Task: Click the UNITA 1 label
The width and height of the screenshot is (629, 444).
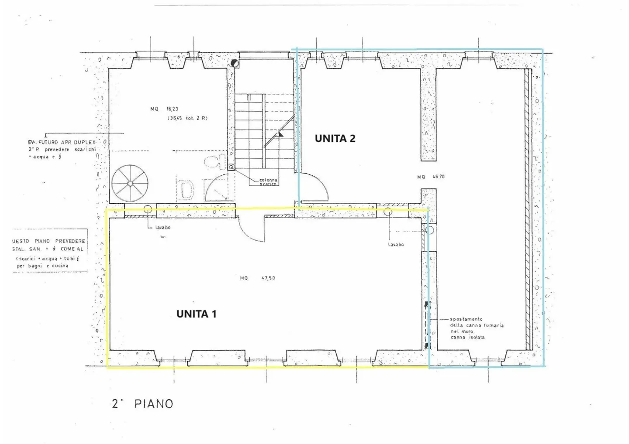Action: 196,314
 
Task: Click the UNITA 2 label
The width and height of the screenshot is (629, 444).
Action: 335,139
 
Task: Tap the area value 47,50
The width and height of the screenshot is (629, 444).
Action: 268,278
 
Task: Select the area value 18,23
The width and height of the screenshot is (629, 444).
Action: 172,109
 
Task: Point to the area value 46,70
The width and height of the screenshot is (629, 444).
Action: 438,177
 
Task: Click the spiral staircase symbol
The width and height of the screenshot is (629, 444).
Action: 130,184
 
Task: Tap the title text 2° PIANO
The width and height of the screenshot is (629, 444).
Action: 143,404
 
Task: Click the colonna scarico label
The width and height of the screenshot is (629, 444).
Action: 268,182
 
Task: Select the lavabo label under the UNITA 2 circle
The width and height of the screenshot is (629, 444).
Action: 396,245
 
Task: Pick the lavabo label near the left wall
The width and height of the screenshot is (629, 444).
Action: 163,228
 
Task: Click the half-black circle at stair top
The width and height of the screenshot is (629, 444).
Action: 235,63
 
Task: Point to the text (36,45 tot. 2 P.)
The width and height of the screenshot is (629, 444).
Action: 188,118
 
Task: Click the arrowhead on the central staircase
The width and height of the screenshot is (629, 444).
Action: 280,134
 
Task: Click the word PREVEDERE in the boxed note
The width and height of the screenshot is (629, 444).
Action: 70,241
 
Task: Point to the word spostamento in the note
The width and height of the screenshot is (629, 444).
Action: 466,319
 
